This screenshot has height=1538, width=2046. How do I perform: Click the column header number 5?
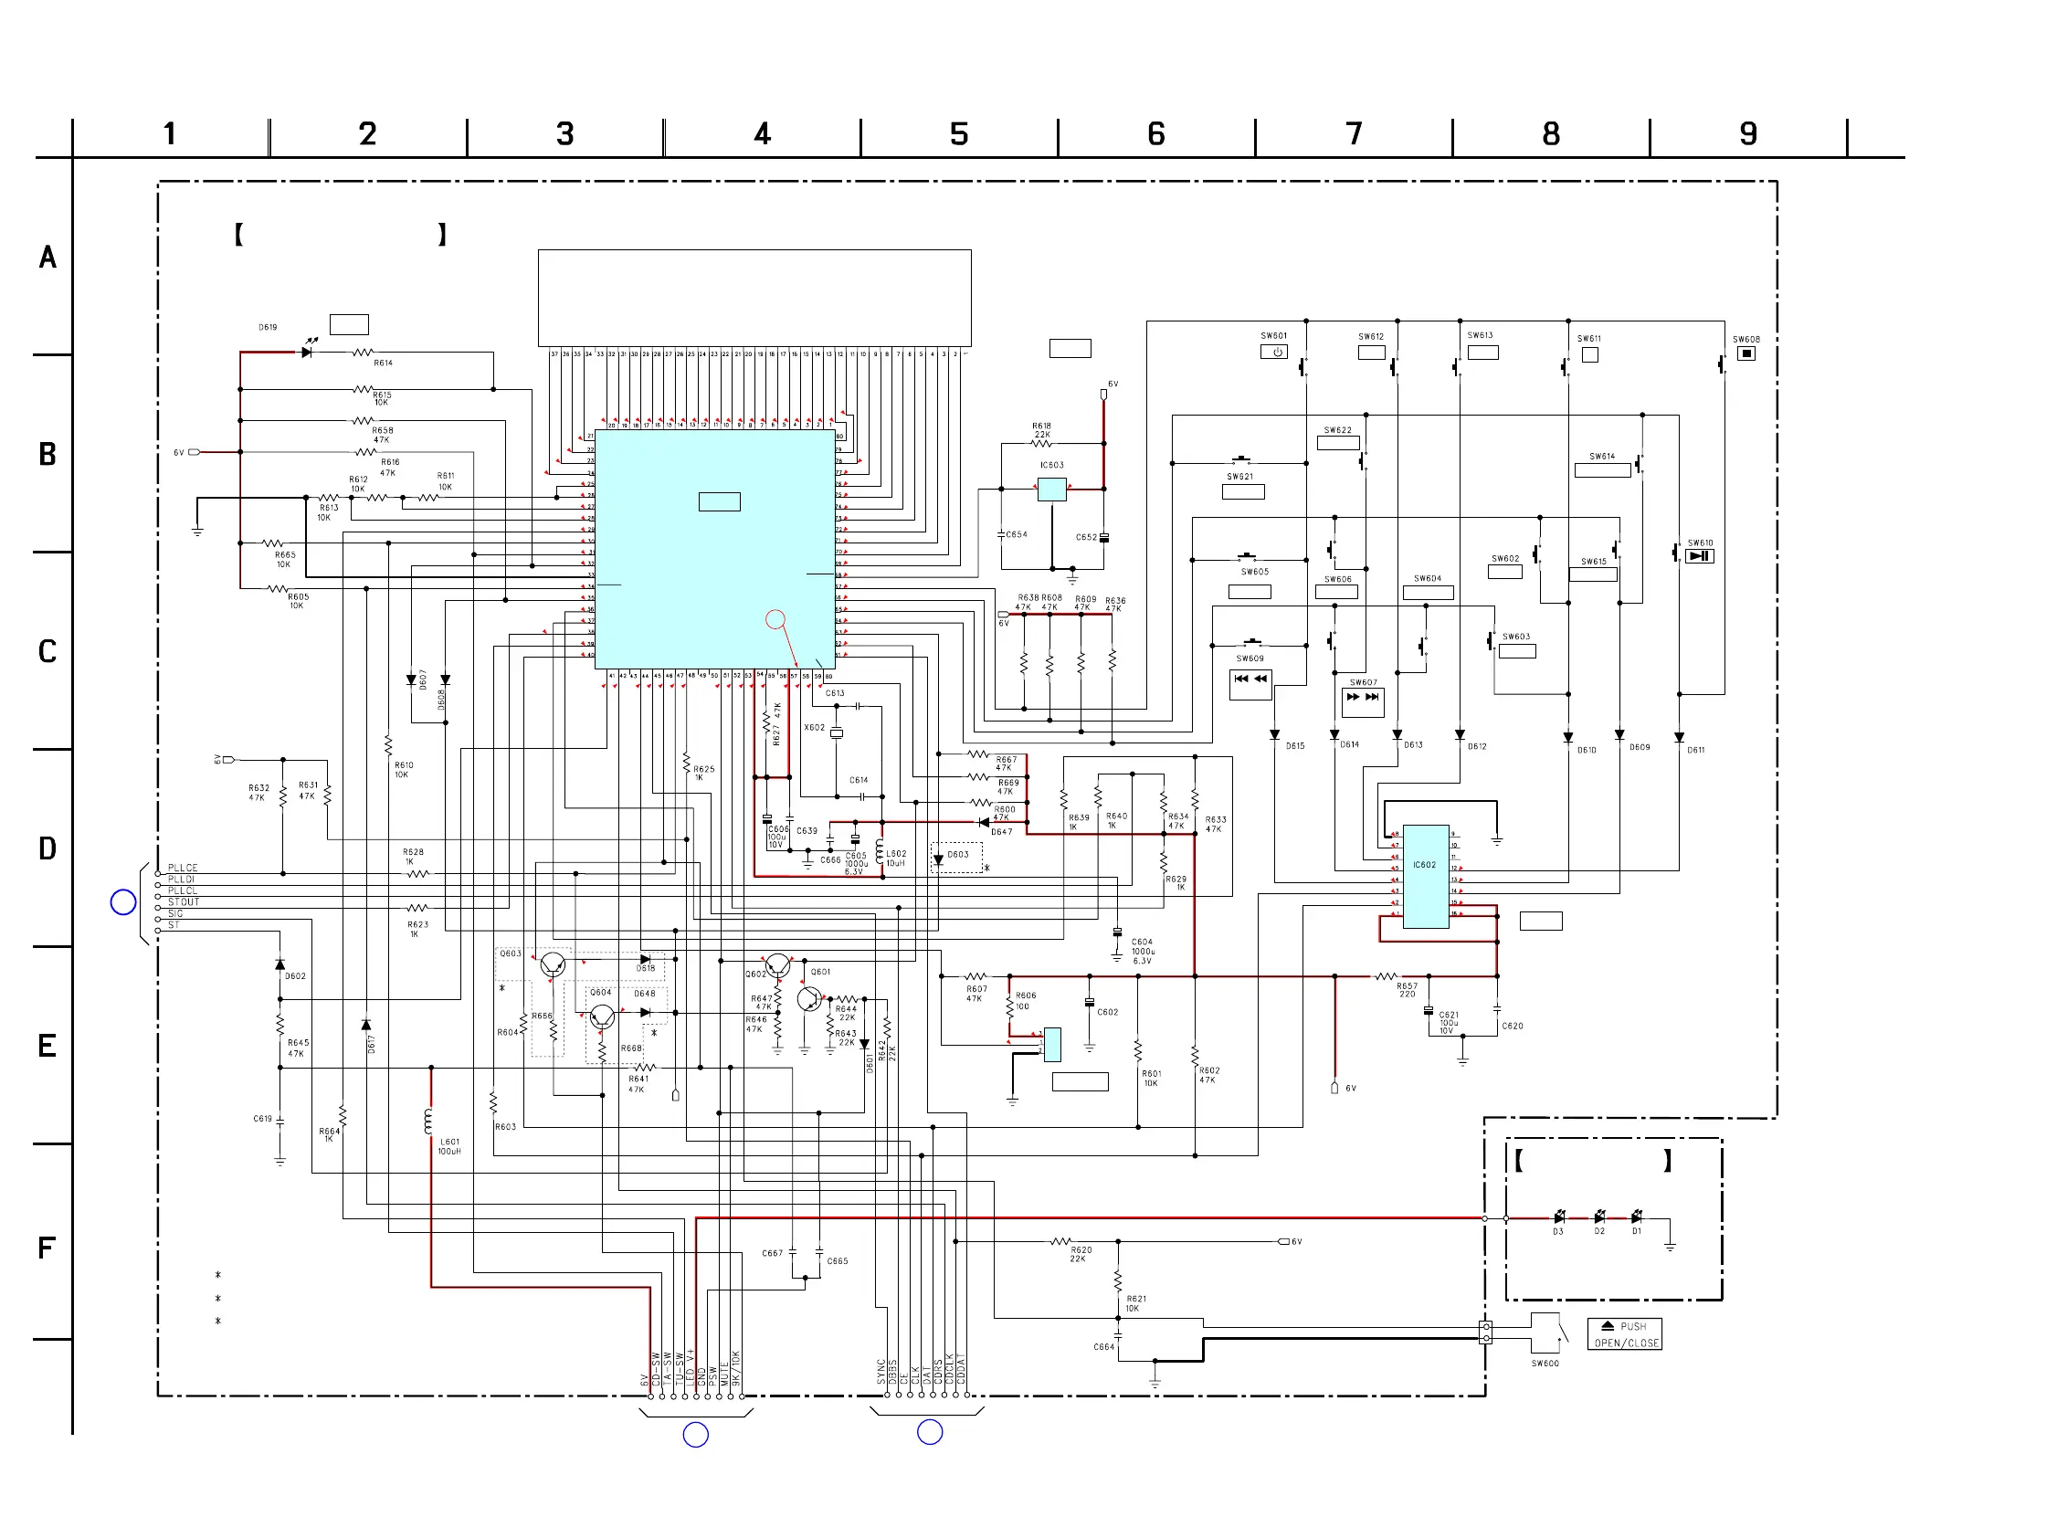click(x=959, y=134)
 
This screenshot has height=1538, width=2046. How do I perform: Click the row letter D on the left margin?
click(x=47, y=848)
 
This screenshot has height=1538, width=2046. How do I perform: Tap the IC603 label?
click(x=1051, y=465)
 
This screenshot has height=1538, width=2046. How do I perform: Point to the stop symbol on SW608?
click(x=1745, y=353)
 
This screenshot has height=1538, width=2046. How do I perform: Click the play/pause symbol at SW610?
click(x=1699, y=556)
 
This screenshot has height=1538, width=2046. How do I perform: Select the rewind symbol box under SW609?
click(x=1250, y=679)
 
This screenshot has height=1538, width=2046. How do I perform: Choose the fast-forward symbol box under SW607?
click(x=1362, y=698)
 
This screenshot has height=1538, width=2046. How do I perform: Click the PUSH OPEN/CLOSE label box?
click(x=1625, y=1333)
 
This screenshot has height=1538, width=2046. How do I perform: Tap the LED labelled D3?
click(x=1559, y=1218)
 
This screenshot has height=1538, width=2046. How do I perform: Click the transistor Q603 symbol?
click(x=553, y=964)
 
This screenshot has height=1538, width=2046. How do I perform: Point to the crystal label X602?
click(x=814, y=728)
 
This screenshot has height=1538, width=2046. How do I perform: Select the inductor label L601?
click(x=449, y=1146)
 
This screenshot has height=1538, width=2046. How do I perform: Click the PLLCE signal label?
click(x=182, y=868)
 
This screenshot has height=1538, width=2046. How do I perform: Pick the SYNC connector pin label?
click(x=881, y=1372)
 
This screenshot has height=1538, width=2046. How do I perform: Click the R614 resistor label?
click(x=383, y=363)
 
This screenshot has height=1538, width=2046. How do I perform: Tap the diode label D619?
click(x=268, y=327)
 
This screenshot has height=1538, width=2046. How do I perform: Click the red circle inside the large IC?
click(x=776, y=619)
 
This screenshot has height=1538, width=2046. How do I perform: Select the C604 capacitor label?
click(x=1142, y=942)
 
